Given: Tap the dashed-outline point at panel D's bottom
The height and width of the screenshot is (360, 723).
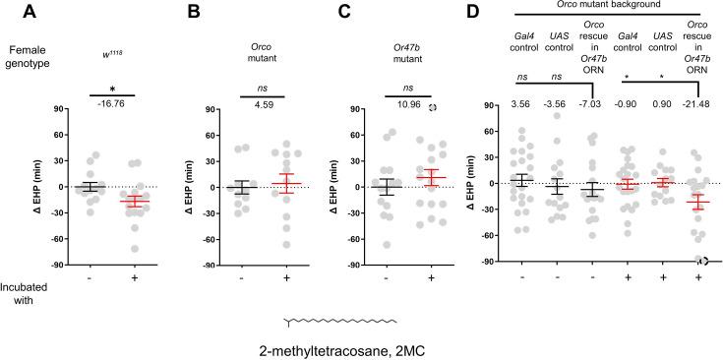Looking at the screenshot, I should pyautogui.click(x=702, y=261).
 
